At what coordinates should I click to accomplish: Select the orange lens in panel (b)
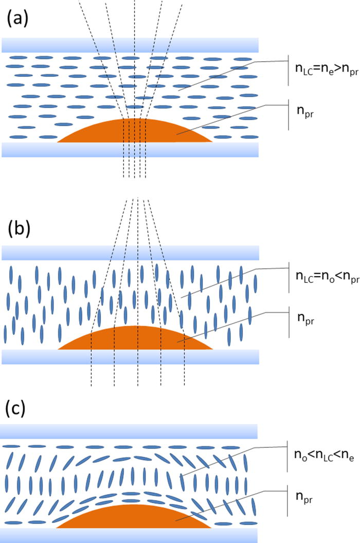click(135, 339)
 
